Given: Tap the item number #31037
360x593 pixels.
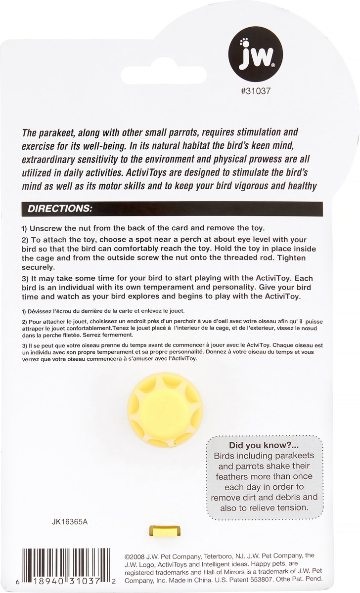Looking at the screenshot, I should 256,91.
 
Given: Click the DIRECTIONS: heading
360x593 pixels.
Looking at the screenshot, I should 60,208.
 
